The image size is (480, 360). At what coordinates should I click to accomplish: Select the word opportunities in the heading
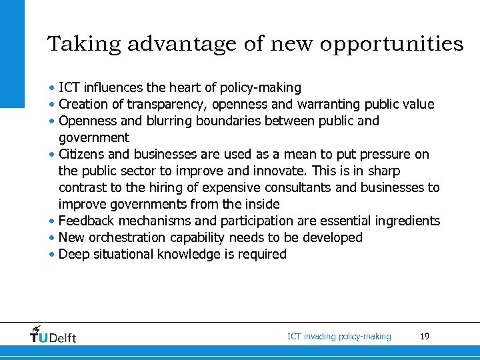(x=391, y=45)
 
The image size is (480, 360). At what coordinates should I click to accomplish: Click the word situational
(x=126, y=254)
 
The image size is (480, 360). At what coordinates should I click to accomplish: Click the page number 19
(x=425, y=337)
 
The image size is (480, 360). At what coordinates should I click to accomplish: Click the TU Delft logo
(x=53, y=335)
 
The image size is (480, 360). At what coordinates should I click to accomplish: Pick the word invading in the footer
(x=319, y=337)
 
